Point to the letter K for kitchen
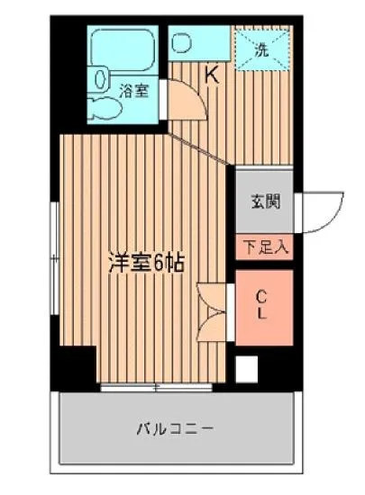[x=213, y=76]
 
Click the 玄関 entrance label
[x=265, y=200]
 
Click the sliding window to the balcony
[x=157, y=387]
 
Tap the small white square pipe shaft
[x=246, y=367]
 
